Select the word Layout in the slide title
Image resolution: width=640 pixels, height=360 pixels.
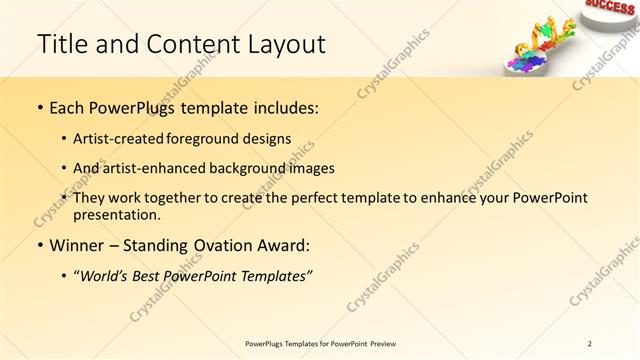point(281,44)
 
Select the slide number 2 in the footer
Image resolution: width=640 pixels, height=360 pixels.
point(590,343)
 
